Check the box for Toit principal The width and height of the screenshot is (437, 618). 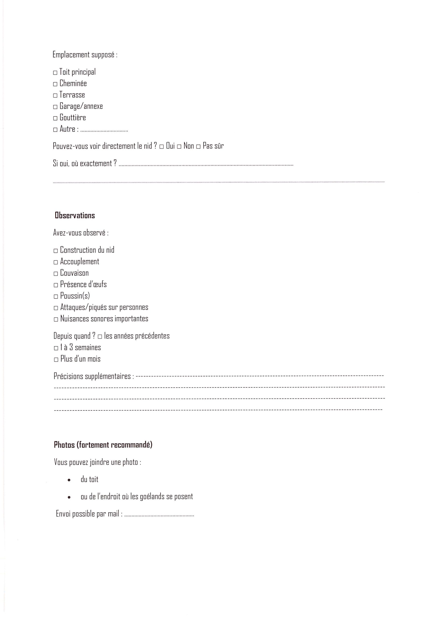click(55, 73)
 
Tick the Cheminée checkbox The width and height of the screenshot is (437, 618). click(55, 84)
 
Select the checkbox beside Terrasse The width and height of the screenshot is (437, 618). click(55, 96)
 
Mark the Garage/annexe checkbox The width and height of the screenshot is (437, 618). click(55, 107)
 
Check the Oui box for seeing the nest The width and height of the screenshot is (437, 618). click(162, 147)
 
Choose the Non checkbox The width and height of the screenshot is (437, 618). click(179, 147)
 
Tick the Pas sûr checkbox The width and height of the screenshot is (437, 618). click(198, 147)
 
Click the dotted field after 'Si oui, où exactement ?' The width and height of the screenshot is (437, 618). click(206, 165)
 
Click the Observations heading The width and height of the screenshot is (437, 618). click(75, 215)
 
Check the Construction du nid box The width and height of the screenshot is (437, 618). click(56, 251)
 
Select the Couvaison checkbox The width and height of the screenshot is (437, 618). click(56, 274)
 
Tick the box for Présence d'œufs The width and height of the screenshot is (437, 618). click(56, 285)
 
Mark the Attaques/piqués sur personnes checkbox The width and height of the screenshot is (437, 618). click(56, 308)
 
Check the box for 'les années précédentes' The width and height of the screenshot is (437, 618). click(100, 337)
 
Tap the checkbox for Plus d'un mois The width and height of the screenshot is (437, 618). click(56, 360)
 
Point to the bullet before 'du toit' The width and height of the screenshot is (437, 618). click(69, 480)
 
